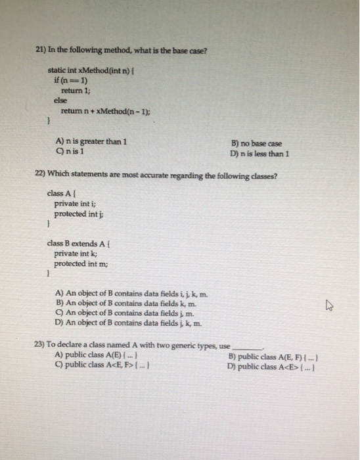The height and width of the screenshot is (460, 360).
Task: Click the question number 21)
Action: pyautogui.click(x=42, y=52)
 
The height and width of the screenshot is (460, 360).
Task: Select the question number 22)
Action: pyautogui.click(x=40, y=175)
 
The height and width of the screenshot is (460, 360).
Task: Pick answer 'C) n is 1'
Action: pyautogui.click(x=72, y=150)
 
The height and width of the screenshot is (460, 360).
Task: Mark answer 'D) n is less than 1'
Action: pyautogui.click(x=260, y=154)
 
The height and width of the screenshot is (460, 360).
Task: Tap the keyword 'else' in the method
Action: pyautogui.click(x=61, y=101)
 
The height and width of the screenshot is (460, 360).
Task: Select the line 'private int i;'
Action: pyautogui.click(x=75, y=204)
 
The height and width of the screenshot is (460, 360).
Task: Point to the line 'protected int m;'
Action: pyautogui.click(x=81, y=263)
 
